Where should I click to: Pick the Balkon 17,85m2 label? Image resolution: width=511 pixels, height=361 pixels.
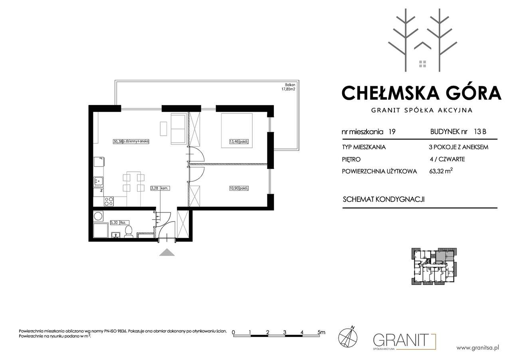click(288, 87)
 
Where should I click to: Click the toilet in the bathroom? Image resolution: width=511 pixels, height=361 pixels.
click(129, 232)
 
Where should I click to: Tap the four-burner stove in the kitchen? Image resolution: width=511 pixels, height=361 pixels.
click(109, 202)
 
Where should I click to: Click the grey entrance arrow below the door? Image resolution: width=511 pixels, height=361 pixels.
click(167, 252)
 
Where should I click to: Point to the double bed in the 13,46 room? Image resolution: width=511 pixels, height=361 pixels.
click(237, 131)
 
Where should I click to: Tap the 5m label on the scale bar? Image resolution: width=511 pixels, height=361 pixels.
click(321, 332)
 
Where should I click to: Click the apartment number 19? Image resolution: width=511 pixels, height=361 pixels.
click(392, 132)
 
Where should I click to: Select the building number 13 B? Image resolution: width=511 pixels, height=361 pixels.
click(480, 132)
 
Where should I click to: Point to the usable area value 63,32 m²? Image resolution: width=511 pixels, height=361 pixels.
click(441, 171)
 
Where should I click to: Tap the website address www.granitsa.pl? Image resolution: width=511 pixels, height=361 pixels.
click(478, 348)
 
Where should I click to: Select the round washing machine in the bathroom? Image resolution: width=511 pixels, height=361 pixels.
click(98, 216)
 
